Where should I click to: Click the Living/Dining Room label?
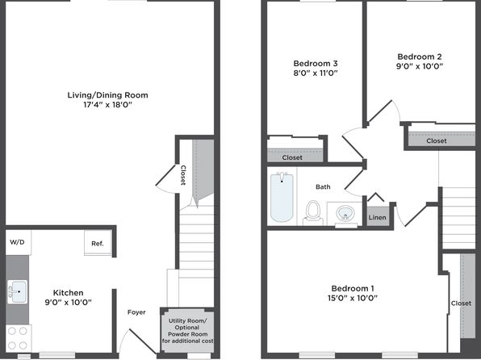coord(107,95)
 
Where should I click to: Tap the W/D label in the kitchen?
coord(17,242)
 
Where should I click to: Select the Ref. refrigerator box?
coord(98,242)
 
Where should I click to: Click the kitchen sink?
coord(18,291)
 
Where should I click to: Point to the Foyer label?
coord(136,312)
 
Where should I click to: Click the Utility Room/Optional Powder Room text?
coord(188,330)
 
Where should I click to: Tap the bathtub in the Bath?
coord(282,197)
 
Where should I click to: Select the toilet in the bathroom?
coord(313,212)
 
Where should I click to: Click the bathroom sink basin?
coord(345,213)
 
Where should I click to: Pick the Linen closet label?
coord(378,217)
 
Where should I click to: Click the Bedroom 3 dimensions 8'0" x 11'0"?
coord(316,73)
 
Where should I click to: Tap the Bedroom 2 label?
coord(420,57)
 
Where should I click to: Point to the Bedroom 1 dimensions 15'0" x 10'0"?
coord(353,298)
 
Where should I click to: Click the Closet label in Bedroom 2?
coord(437,141)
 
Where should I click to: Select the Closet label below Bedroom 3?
coord(292,157)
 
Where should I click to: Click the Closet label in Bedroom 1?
coord(461,303)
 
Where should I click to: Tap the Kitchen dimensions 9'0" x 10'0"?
coord(68,303)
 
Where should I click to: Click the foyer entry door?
coord(143,341)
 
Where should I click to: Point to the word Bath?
coord(323,186)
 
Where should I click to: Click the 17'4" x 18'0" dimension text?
coord(107,105)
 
